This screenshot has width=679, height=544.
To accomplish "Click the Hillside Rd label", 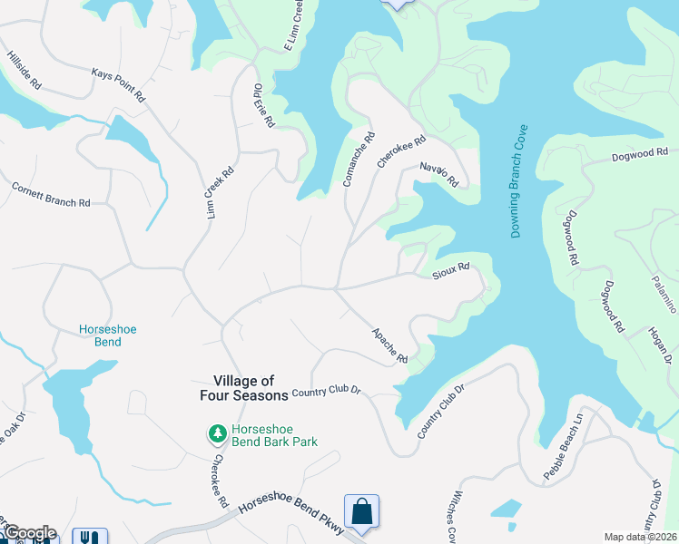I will (25, 68).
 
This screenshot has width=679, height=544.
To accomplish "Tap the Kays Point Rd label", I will (119, 83).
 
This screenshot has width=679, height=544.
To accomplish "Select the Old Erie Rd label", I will (263, 105).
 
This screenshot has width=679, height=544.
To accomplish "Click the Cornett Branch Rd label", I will (51, 195).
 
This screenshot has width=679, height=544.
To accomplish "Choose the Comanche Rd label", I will (359, 161).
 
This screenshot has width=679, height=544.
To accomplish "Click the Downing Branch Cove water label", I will (520, 181).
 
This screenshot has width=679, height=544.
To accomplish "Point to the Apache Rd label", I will (390, 345).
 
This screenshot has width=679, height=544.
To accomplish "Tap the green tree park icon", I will (217, 434).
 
